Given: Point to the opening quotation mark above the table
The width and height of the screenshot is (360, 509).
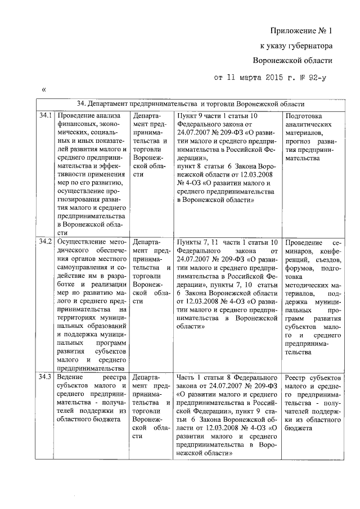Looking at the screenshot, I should point(43,90).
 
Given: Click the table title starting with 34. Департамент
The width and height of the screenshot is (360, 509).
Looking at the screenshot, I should point(191,104).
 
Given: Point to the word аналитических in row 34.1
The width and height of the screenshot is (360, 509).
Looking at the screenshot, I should point(308,124).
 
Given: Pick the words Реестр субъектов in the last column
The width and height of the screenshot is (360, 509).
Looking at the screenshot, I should point(313,376).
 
